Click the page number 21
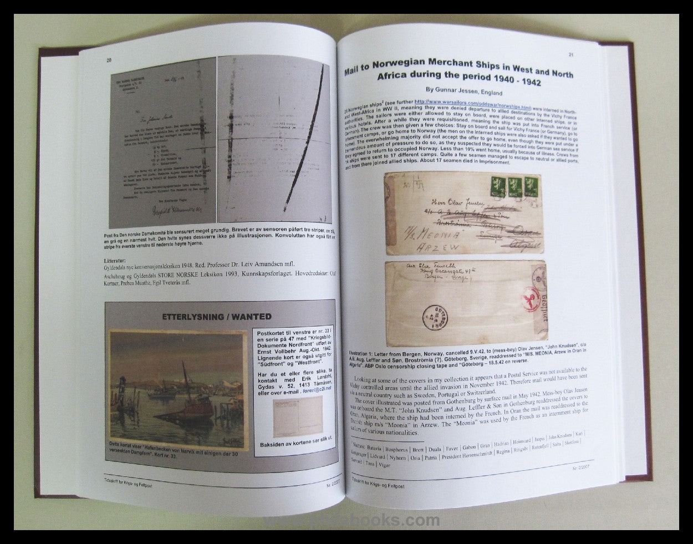click(x=570, y=54)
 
